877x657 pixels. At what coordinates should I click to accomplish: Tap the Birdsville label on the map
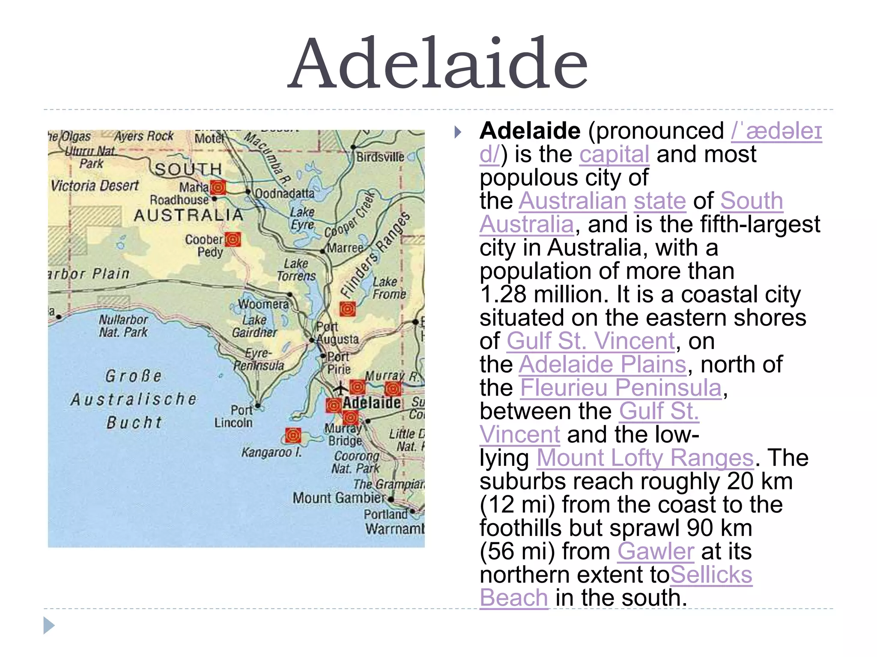tap(380, 157)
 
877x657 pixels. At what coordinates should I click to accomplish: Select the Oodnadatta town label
tap(285, 194)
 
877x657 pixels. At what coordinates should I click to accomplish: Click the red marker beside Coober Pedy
tap(233, 240)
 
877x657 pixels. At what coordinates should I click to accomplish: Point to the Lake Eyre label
tap(302, 218)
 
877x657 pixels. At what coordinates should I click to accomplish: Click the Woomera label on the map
tap(263, 304)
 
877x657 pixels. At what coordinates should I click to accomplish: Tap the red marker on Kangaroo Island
tap(293, 435)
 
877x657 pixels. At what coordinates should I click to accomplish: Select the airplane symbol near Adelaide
tap(341, 388)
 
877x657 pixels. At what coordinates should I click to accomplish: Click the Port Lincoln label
tap(234, 416)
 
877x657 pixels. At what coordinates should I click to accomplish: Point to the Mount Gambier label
tap(339, 498)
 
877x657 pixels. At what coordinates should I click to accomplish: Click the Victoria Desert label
tap(95, 186)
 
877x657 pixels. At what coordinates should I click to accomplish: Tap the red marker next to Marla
tap(218, 187)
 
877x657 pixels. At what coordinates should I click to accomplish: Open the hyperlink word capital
tap(614, 154)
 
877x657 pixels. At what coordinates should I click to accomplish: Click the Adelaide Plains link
tap(603, 365)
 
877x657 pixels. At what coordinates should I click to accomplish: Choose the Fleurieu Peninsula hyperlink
tap(621, 388)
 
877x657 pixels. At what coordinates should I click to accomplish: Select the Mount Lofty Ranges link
tap(645, 458)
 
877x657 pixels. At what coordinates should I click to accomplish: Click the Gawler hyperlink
tap(655, 551)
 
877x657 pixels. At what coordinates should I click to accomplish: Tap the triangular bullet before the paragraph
tap(458, 132)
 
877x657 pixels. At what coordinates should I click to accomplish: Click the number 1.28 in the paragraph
tap(503, 295)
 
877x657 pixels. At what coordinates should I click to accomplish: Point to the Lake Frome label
tap(389, 288)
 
